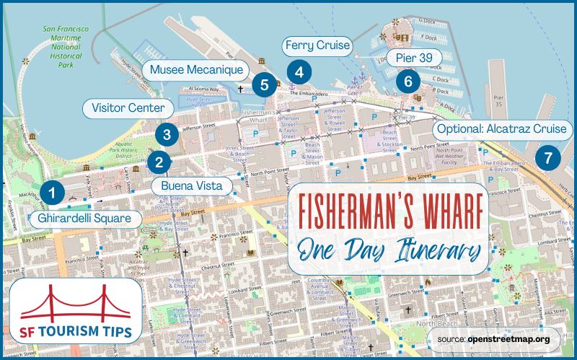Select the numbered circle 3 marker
[x=167, y=133]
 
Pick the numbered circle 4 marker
[x=299, y=71]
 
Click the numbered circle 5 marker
[x=265, y=85]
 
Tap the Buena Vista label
[x=191, y=186]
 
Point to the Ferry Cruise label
[x=317, y=47]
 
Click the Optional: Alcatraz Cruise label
[x=503, y=131]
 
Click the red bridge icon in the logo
[x=76, y=303]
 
